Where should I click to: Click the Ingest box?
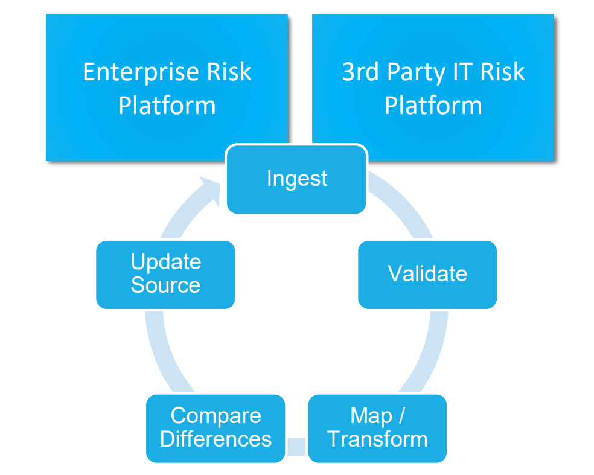click(x=296, y=179)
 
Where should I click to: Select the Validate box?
click(x=427, y=274)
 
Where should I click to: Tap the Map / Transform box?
click(x=377, y=427)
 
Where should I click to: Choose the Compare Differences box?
click(x=216, y=427)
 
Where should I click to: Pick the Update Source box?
click(x=165, y=274)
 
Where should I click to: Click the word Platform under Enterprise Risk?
click(x=167, y=106)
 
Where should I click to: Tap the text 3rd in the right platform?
click(x=360, y=72)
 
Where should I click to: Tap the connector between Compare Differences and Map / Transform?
click(x=296, y=447)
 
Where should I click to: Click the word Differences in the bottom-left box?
click(x=216, y=439)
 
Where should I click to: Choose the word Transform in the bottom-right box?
click(x=377, y=439)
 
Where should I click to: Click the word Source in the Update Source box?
click(x=165, y=285)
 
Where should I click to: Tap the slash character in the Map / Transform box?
click(x=401, y=416)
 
